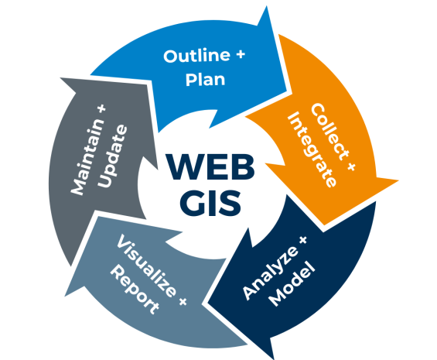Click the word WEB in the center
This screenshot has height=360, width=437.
[x=210, y=166]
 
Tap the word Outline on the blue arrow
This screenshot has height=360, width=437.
[x=196, y=56]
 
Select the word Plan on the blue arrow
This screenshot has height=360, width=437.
[x=206, y=80]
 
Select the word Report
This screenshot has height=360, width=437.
[x=135, y=290]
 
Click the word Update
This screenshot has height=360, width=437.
[x=112, y=156]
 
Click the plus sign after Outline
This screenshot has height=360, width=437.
[x=241, y=54]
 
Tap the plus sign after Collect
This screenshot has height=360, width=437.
[x=351, y=166]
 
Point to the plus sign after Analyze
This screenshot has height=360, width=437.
[x=302, y=240]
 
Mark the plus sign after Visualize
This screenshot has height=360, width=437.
[x=183, y=301]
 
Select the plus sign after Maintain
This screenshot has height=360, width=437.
[x=102, y=109]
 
